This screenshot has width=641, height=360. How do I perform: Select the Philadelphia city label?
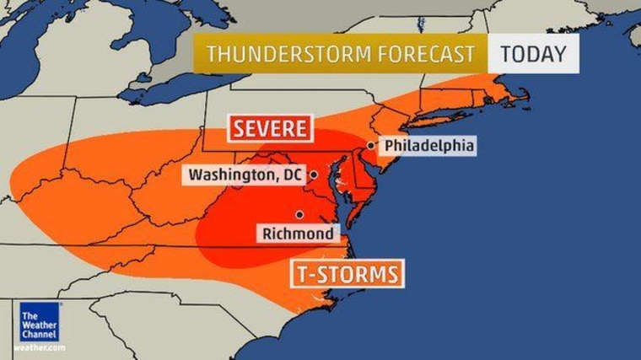tap(428, 146)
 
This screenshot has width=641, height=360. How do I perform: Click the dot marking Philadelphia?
tap(371, 146)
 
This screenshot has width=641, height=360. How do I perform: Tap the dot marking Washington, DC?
tap(313, 175)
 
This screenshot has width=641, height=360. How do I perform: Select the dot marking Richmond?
tap(299, 213)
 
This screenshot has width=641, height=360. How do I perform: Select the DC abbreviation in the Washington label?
tap(295, 175)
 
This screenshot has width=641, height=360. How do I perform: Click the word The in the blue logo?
tap(29, 317)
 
